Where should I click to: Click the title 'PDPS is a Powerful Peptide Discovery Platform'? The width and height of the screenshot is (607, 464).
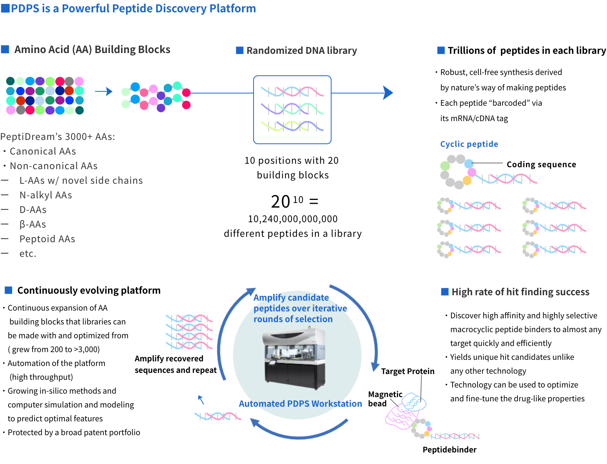pyautogui.click(x=133, y=8)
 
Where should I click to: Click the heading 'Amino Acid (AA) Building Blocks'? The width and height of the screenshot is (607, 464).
pyautogui.click(x=92, y=50)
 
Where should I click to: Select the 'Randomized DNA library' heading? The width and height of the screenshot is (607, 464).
pyautogui.click(x=302, y=51)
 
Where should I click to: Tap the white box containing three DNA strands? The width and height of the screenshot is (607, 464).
pyautogui.click(x=292, y=110)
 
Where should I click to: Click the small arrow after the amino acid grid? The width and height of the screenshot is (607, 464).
pyautogui.click(x=104, y=91)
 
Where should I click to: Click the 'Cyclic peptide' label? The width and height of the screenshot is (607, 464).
pyautogui.click(x=469, y=144)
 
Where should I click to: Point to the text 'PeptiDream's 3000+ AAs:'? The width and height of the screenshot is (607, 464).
pyautogui.click(x=58, y=137)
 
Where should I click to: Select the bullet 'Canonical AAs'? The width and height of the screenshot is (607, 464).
pyautogui.click(x=43, y=151)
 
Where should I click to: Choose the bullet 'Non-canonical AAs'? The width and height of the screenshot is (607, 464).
pyautogui.click(x=53, y=166)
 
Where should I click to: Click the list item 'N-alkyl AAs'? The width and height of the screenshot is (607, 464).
pyautogui.click(x=46, y=195)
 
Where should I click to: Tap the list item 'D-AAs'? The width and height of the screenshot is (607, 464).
pyautogui.click(x=33, y=210)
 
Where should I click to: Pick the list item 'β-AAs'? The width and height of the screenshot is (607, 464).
pyautogui.click(x=33, y=225)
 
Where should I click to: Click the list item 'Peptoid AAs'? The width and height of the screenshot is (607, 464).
pyautogui.click(x=47, y=239)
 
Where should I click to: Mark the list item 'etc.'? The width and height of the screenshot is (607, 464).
pyautogui.click(x=28, y=254)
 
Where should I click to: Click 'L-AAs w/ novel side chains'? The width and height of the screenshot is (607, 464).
pyautogui.click(x=81, y=181)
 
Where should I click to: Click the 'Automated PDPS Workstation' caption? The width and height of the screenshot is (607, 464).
pyautogui.click(x=300, y=404)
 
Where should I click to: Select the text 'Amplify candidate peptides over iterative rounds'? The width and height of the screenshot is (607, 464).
pyautogui.click(x=300, y=308)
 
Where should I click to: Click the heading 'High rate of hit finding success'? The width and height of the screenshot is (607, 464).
pyautogui.click(x=520, y=292)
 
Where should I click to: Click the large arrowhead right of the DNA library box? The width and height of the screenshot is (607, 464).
pyautogui.click(x=388, y=93)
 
